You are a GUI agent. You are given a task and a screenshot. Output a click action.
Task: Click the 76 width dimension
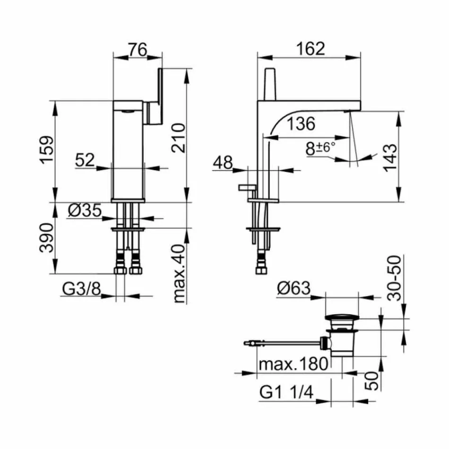click(x=138, y=49)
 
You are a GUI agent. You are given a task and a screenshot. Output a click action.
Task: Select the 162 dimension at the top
click(x=311, y=49)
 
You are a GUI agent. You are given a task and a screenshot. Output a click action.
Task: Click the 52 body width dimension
click(x=86, y=161)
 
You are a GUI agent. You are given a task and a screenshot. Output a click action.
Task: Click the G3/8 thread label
click(x=81, y=289)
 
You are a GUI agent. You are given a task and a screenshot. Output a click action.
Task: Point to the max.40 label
click(x=178, y=274)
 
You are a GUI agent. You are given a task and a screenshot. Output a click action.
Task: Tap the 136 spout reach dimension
click(x=301, y=124)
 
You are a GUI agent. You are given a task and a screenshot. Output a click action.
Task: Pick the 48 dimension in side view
click(x=223, y=163)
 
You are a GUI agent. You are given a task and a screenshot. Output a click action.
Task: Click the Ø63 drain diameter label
click(x=294, y=288)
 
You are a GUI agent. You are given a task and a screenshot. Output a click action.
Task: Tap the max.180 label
click(x=294, y=364)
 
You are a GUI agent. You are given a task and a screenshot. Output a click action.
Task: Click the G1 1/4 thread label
click(x=287, y=392)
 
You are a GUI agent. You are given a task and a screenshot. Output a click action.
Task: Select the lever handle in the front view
click(x=155, y=97)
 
